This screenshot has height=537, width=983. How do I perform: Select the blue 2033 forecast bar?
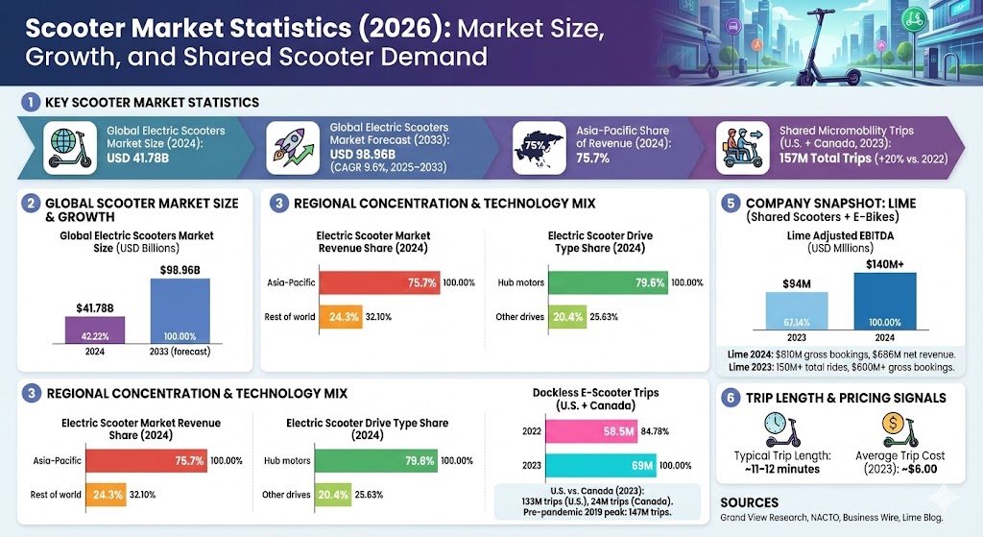pos(180,311)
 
